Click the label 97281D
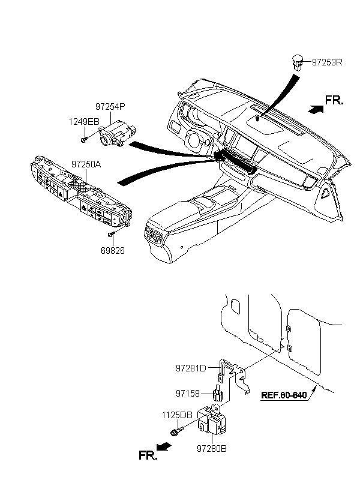pos(191,367)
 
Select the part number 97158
pos(190,394)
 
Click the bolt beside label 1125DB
pos(175,431)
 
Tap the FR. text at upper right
pos(334,100)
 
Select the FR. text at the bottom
pos(149,455)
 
